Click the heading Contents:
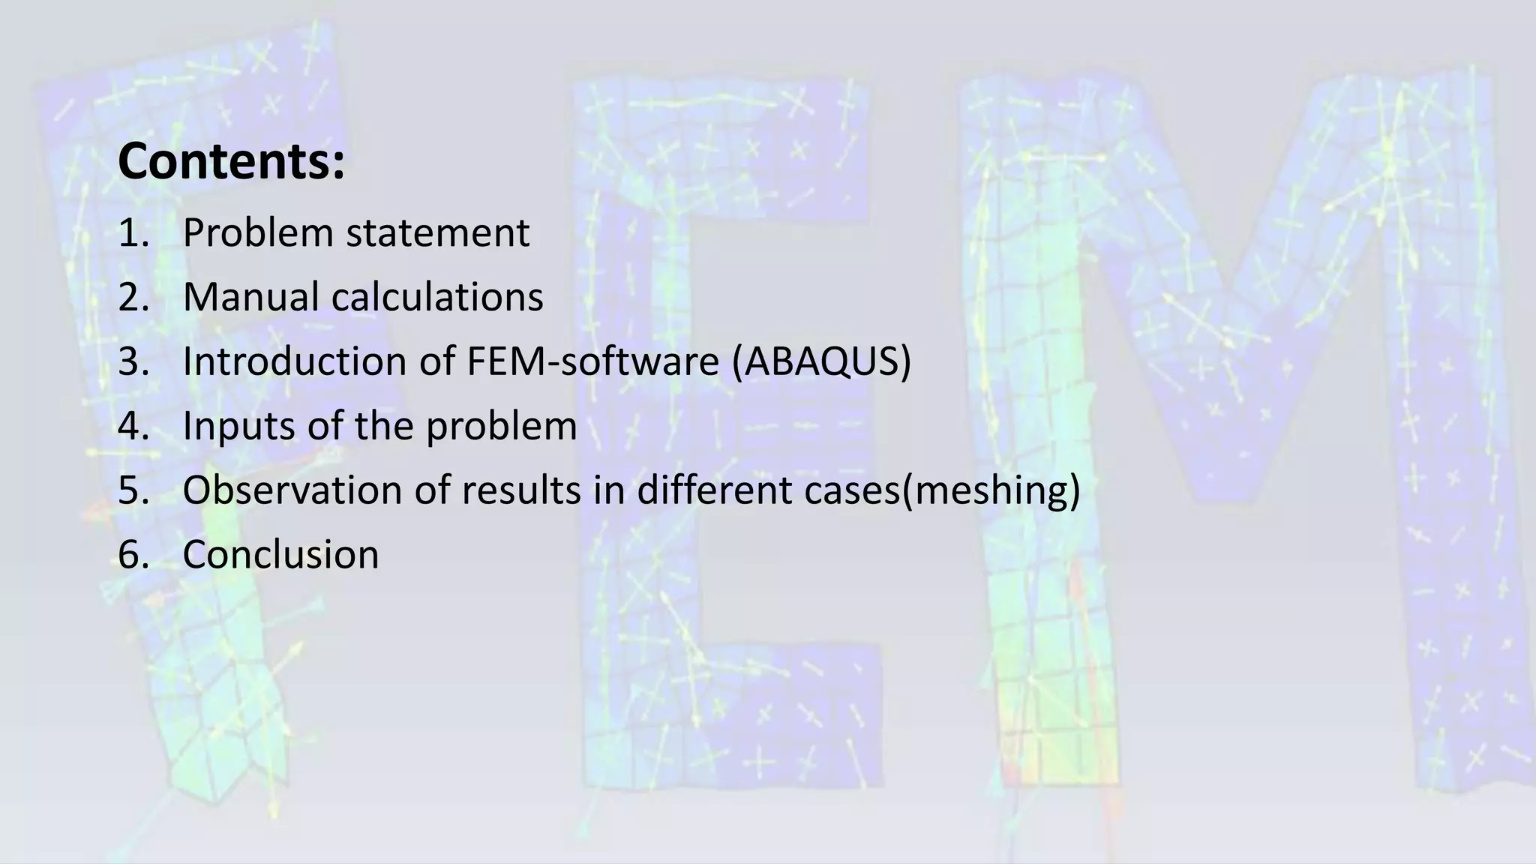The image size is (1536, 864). point(231,161)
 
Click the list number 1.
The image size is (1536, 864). point(133,233)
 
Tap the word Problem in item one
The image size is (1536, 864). point(257,233)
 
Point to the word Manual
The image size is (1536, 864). point(250,297)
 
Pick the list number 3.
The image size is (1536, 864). point(133,361)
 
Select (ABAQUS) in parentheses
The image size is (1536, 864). point(821,361)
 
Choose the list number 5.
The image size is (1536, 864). point(133,490)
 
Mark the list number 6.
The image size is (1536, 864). point(133,555)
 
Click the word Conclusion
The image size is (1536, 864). point(280,555)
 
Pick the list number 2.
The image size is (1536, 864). point(133,297)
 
